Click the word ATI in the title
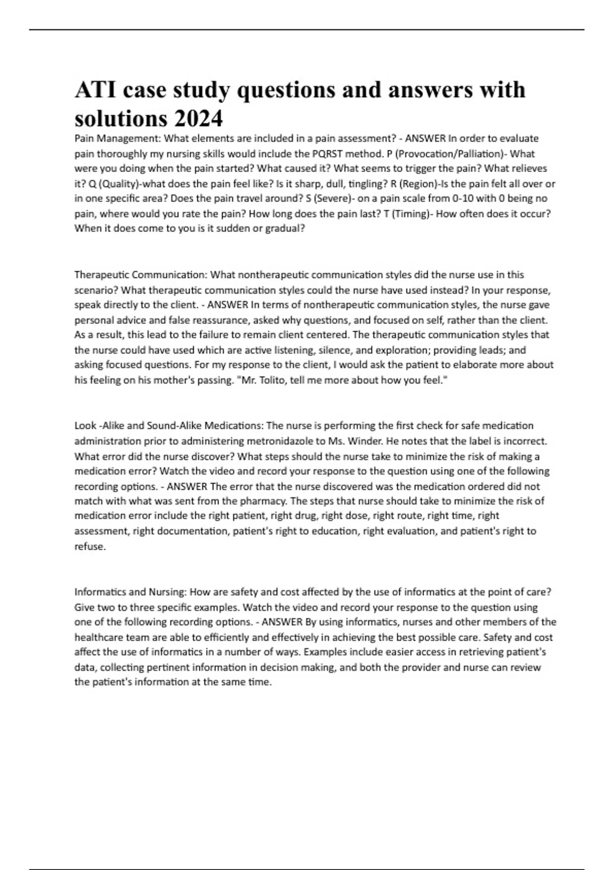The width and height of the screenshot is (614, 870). tap(92, 90)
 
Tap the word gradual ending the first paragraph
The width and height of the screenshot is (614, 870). tap(285, 228)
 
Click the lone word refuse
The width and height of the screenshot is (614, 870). tap(90, 546)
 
